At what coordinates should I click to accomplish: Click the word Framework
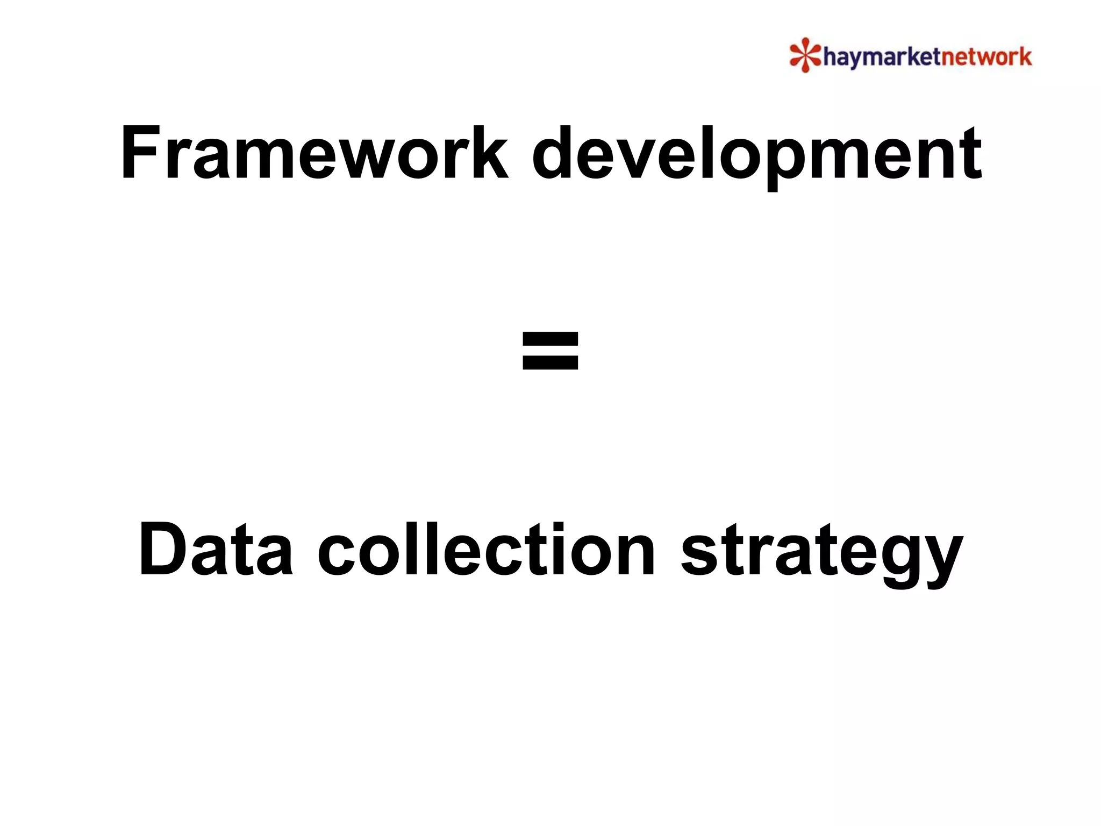(314, 153)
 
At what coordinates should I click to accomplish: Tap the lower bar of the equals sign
(550, 365)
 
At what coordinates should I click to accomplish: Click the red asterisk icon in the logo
(805, 55)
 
